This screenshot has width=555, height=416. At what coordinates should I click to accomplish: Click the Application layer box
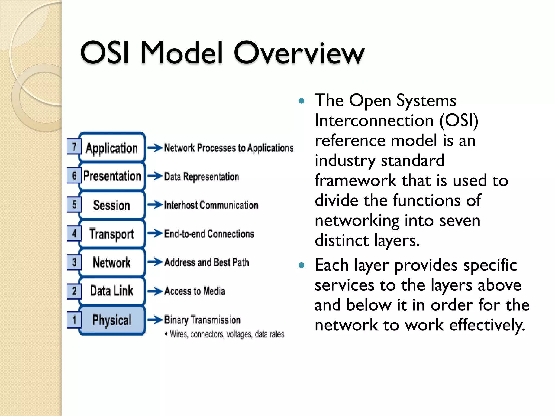coord(112,148)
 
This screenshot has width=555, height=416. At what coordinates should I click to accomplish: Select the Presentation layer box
coord(112,176)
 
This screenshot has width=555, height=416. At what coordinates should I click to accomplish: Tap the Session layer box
coord(112,205)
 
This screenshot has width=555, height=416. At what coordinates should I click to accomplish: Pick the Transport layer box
coord(112,234)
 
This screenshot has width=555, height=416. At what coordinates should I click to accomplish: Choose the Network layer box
coord(112,262)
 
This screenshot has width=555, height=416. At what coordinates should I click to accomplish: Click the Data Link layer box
coord(112,291)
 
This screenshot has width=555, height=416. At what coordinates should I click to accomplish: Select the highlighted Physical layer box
coord(112,320)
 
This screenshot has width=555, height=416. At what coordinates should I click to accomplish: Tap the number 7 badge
coord(74,147)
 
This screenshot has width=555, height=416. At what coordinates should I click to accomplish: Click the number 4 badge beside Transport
coord(74,233)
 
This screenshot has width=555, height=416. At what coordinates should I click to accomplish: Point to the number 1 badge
coord(74,320)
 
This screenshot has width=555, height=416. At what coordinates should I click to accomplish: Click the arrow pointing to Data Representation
coord(155,176)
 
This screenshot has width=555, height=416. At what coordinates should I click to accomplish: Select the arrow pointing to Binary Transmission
coord(155,320)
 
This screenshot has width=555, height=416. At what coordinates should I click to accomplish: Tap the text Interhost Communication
coord(211,205)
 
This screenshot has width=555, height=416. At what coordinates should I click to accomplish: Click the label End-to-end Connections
coord(209,234)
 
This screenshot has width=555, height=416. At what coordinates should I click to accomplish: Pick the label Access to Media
coord(195,291)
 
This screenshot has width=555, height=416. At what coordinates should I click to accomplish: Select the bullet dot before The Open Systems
coord(301,101)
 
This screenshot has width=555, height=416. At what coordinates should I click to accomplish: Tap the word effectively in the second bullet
coord(487,325)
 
